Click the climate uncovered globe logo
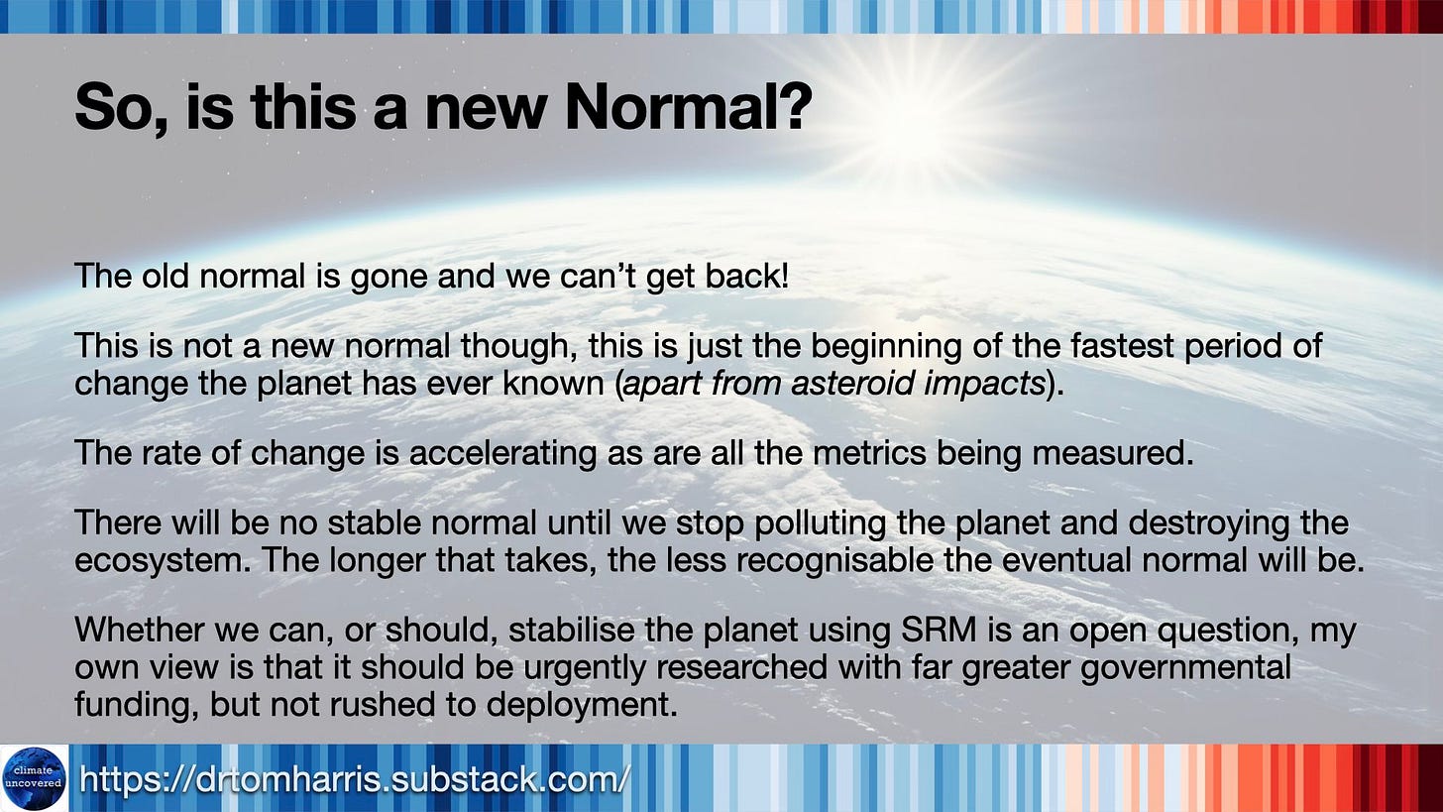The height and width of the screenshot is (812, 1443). tap(34, 778)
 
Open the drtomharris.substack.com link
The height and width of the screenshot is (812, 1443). tap(353, 779)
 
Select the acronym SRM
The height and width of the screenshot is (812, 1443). tap(939, 630)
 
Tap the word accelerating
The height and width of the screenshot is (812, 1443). tap(502, 454)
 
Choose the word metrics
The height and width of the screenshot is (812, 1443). tap(869, 453)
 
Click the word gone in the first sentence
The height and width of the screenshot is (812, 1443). tap(389, 278)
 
